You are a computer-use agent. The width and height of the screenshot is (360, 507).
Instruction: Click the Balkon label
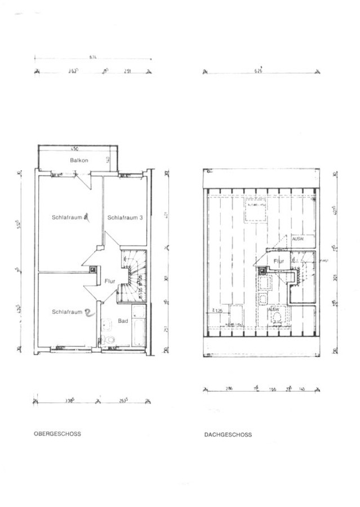click(79, 162)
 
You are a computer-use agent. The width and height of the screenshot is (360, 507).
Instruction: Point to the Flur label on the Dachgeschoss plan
click(279, 261)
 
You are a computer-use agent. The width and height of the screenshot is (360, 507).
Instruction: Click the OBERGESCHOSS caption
click(57, 434)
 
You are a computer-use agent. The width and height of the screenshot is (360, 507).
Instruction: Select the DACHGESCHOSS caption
click(228, 435)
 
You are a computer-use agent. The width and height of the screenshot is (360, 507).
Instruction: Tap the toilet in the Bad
click(109, 340)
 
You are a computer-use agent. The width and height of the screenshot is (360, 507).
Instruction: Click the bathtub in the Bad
click(139, 327)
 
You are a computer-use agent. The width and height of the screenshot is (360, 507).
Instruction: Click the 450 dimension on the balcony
click(75, 149)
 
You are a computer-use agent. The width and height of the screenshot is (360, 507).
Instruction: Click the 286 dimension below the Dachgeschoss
click(229, 389)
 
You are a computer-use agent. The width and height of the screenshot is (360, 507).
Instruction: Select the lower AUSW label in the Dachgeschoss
click(274, 309)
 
